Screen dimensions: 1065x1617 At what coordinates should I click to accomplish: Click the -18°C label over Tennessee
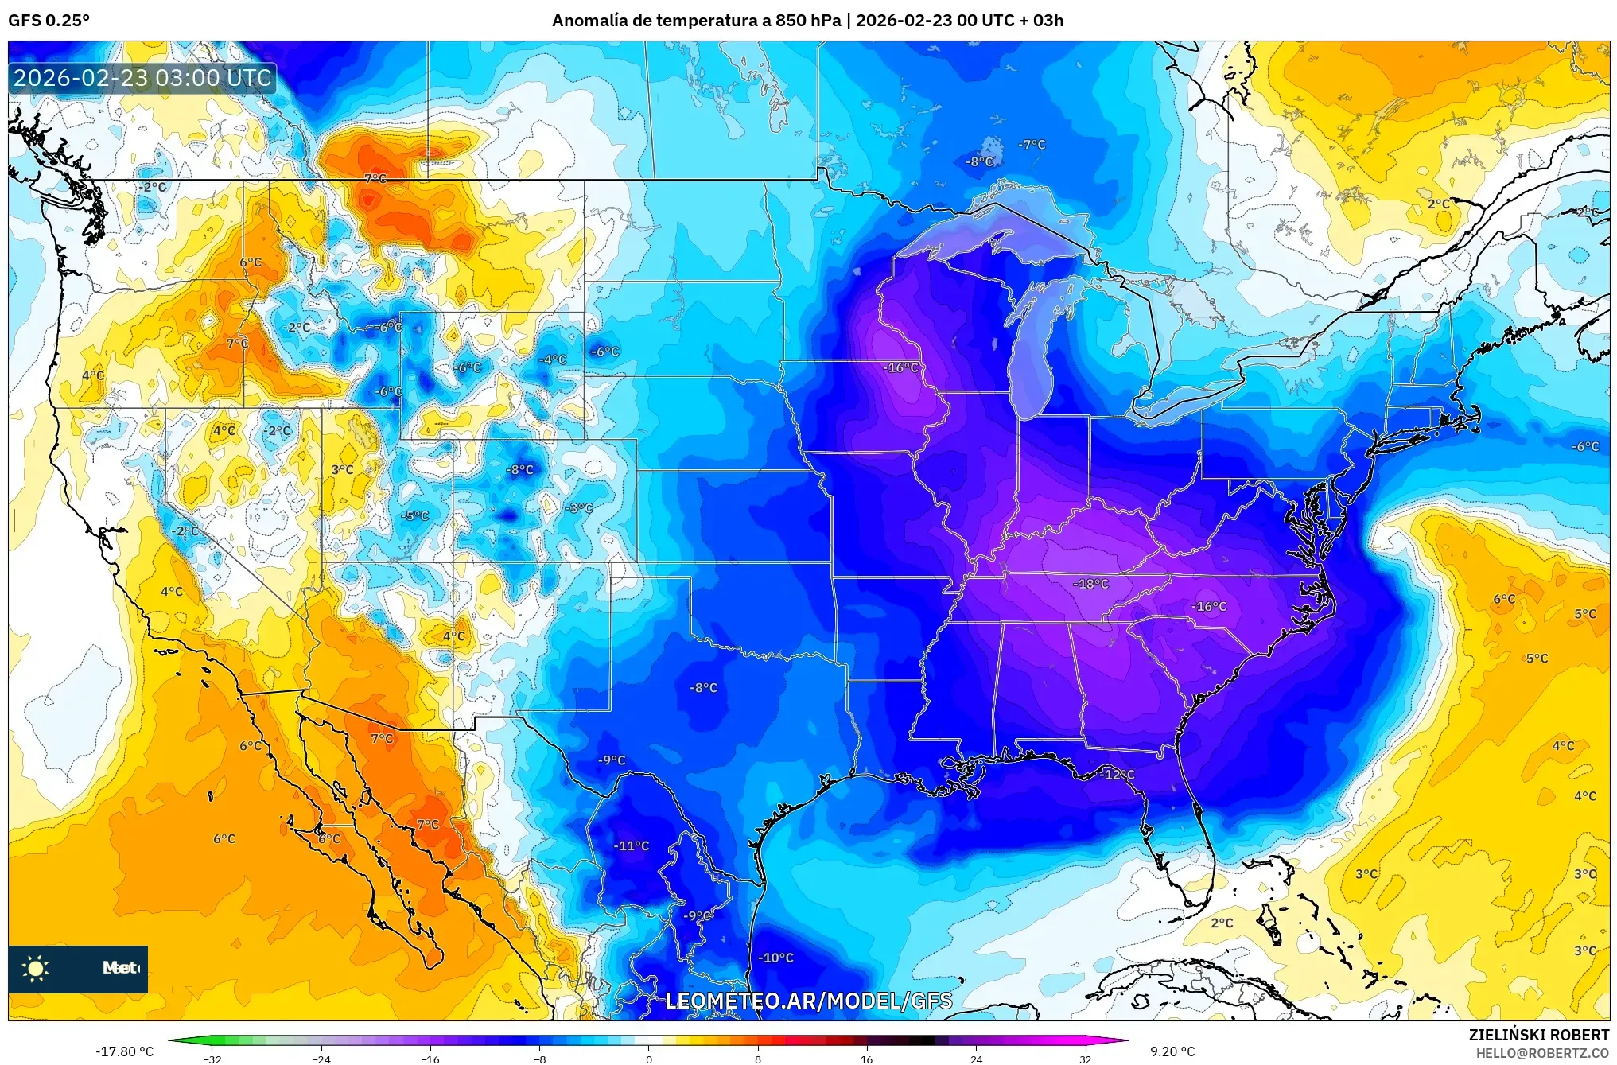point(1090,584)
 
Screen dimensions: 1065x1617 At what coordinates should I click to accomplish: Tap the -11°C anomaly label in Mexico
point(632,845)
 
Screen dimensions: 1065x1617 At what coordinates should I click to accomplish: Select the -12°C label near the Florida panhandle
point(1118,774)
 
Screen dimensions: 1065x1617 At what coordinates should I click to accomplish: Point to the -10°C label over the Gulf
point(775,958)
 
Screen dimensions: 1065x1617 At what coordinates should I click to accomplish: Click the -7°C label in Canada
point(1032,144)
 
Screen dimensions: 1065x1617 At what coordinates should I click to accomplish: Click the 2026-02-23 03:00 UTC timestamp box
point(143,78)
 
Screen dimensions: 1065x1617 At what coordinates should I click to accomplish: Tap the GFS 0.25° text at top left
point(49,21)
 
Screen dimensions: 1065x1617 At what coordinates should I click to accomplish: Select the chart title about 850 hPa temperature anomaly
point(807,21)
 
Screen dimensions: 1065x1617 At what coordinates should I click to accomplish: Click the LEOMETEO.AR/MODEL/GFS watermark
point(808,1001)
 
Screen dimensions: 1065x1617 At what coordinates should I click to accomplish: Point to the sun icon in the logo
point(36,968)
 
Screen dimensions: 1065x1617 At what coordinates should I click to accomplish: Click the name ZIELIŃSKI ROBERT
point(1538,1035)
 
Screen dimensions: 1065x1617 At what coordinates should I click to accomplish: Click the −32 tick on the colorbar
point(212,1059)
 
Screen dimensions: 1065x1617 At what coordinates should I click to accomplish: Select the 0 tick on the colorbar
point(648,1059)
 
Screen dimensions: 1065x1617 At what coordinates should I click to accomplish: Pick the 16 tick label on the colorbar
point(866,1059)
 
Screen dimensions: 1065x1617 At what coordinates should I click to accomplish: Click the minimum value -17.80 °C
point(125,1051)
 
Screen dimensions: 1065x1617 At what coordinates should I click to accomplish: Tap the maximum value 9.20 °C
point(1172,1051)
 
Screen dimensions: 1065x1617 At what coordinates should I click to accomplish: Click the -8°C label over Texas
point(703,687)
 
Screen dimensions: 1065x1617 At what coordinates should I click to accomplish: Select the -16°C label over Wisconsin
point(900,367)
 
